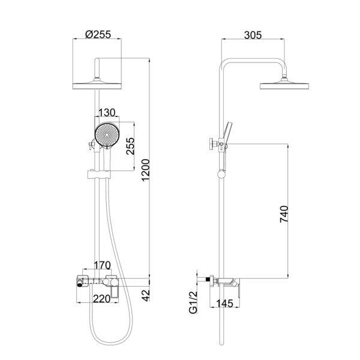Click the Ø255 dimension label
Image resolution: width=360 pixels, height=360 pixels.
98,34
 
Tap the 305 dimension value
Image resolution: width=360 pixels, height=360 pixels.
253,35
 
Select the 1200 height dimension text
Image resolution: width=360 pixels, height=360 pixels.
146,170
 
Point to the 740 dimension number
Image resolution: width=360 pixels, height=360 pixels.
284,214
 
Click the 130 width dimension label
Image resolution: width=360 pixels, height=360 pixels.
107,113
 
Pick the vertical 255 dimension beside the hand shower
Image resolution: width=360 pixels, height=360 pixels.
130,146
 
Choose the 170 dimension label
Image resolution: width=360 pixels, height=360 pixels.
103,265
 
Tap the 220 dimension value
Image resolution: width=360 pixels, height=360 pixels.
102,299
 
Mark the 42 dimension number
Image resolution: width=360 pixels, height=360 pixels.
146,296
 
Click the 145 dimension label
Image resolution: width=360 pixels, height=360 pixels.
225,304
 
